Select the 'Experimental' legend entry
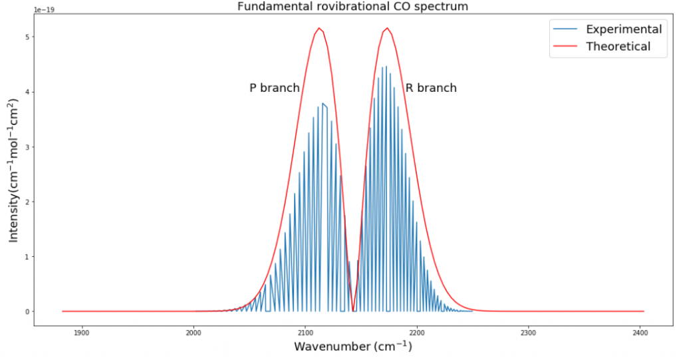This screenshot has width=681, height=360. (623, 29)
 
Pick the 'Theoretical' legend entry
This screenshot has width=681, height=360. (618, 47)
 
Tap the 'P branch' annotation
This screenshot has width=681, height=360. (274, 88)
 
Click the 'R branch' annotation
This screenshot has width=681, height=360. (431, 88)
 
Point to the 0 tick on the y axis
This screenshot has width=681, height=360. (26, 311)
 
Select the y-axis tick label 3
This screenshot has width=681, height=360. (26, 147)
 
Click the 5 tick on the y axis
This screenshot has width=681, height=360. (26, 37)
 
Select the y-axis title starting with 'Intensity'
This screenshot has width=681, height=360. (13, 170)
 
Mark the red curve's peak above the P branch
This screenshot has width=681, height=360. (319, 28)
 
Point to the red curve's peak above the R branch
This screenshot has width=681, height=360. (387, 28)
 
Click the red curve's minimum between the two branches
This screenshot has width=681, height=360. (353, 311)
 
